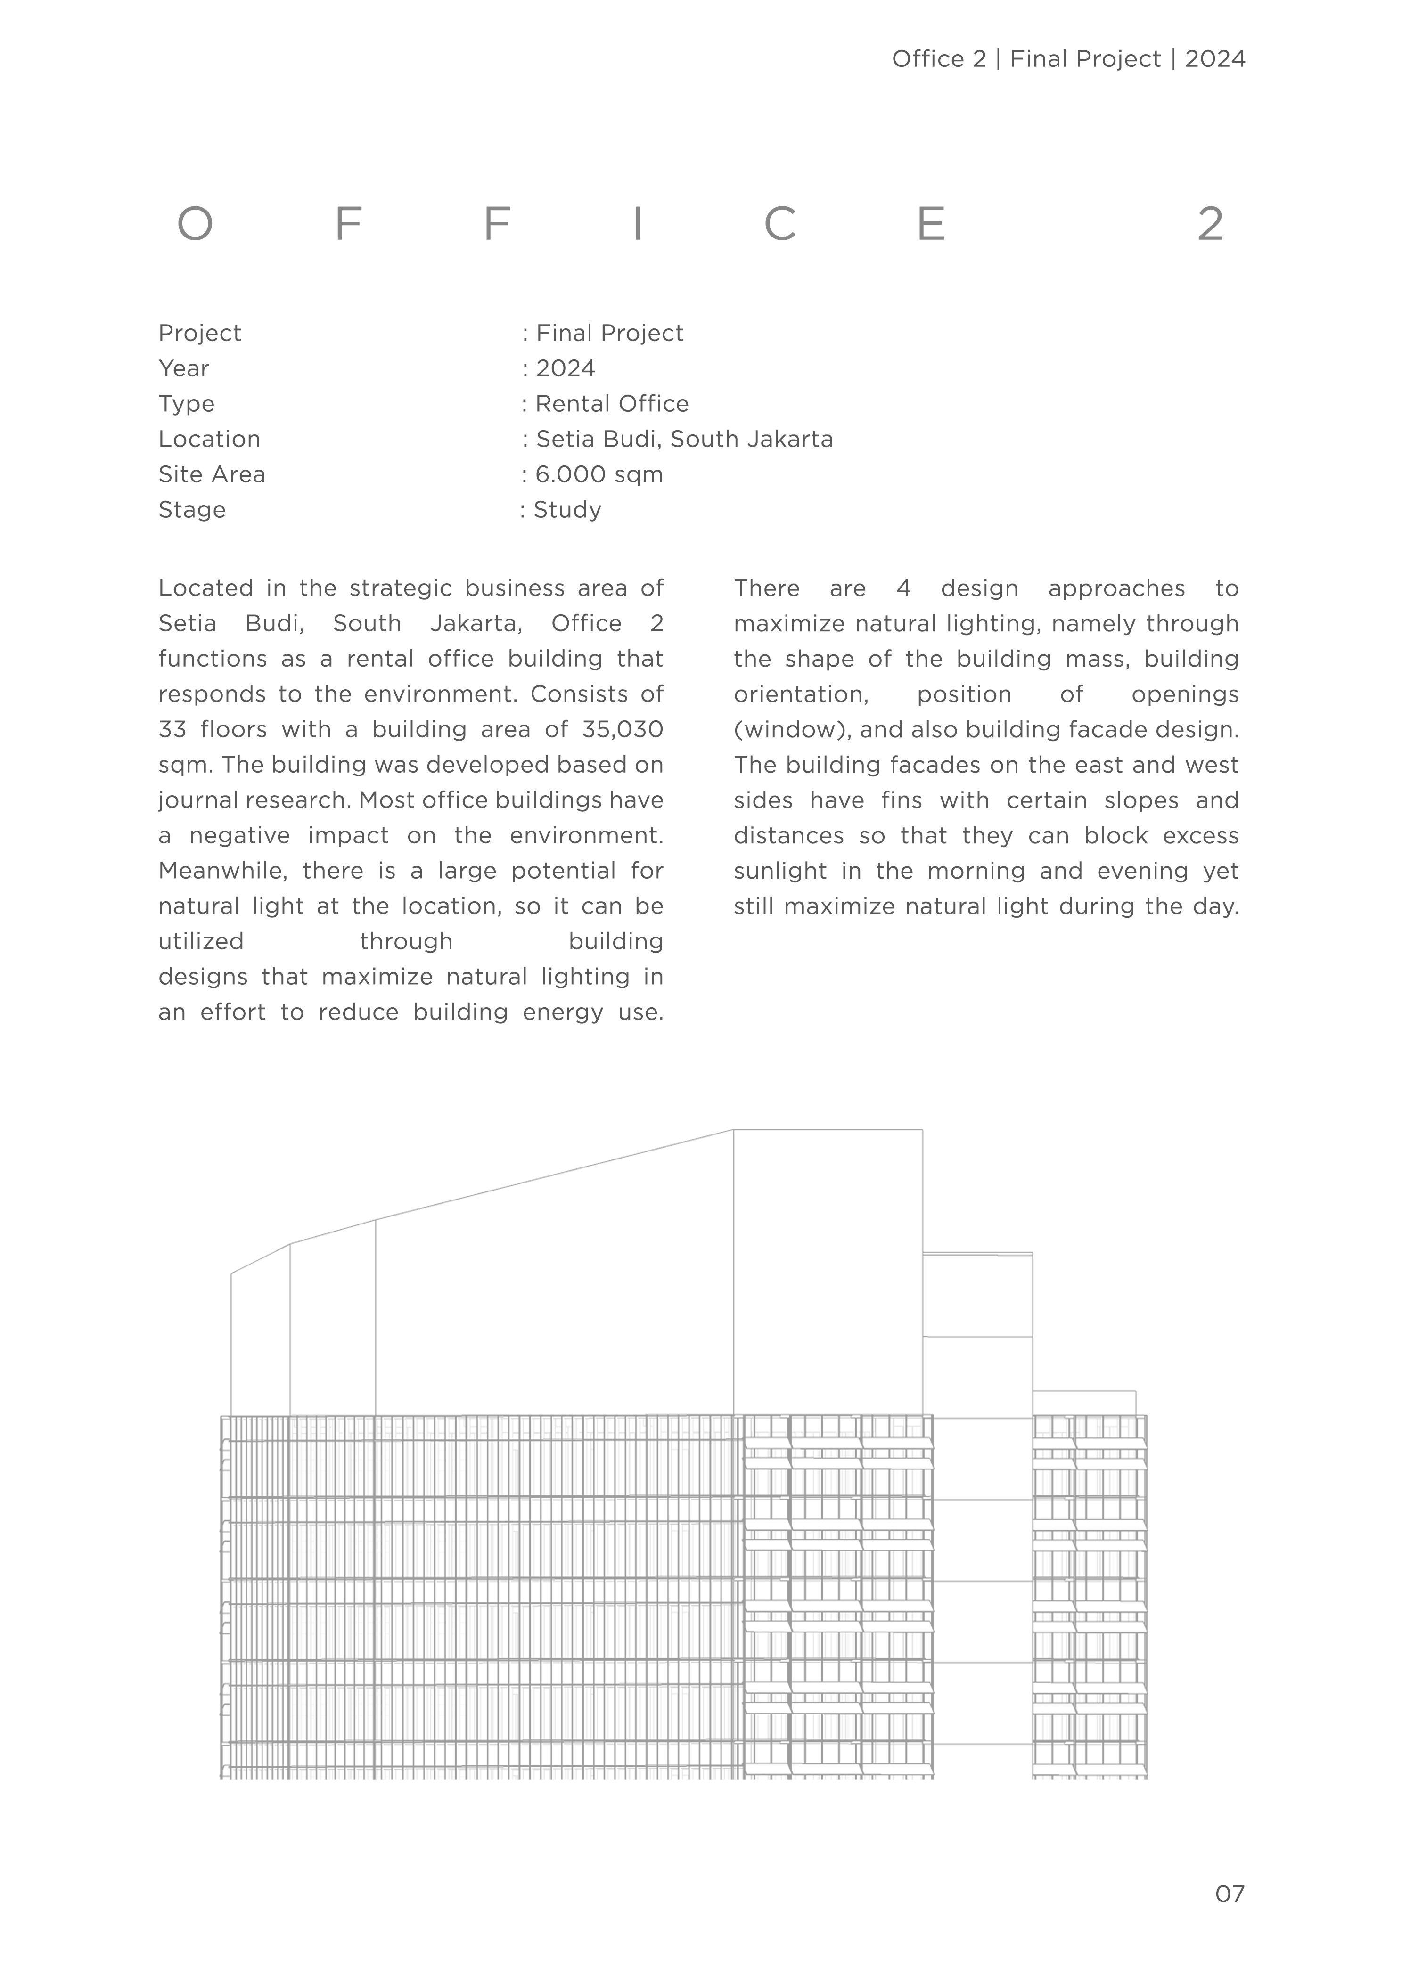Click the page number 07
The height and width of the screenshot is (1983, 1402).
pos(1229,1894)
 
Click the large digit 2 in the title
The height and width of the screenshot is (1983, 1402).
pos(1210,225)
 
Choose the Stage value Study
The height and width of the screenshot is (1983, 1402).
pos(567,510)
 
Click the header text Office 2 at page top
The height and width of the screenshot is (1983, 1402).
pos(938,59)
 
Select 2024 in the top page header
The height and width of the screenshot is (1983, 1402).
pos(1214,59)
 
